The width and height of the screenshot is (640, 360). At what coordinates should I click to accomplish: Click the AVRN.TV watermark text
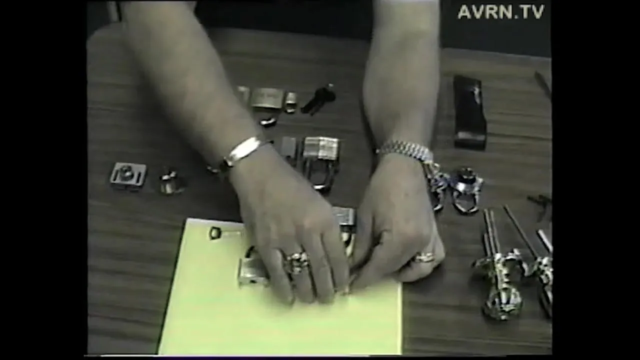click(501, 12)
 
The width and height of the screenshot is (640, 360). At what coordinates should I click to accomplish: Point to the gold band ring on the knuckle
click(425, 257)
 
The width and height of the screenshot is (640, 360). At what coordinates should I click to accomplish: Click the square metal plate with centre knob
click(128, 176)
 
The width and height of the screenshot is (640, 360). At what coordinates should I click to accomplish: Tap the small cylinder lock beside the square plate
click(169, 182)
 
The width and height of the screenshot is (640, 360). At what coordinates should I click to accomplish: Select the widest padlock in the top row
click(267, 98)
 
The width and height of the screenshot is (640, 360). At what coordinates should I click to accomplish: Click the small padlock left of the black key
click(291, 101)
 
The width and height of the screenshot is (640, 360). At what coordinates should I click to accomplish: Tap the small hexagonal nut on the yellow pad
click(214, 232)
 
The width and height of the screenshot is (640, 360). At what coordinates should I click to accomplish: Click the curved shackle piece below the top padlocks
click(268, 121)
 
